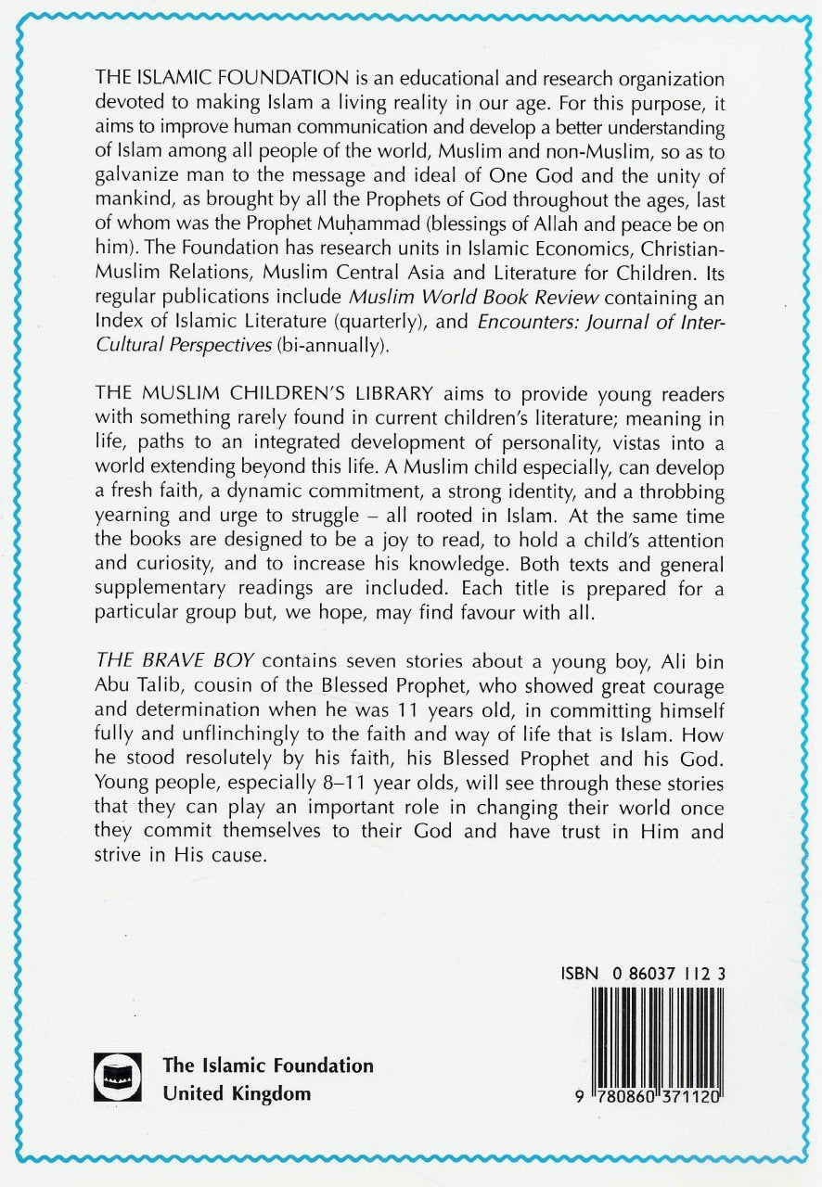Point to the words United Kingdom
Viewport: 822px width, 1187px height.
pyautogui.click(x=237, y=1093)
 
